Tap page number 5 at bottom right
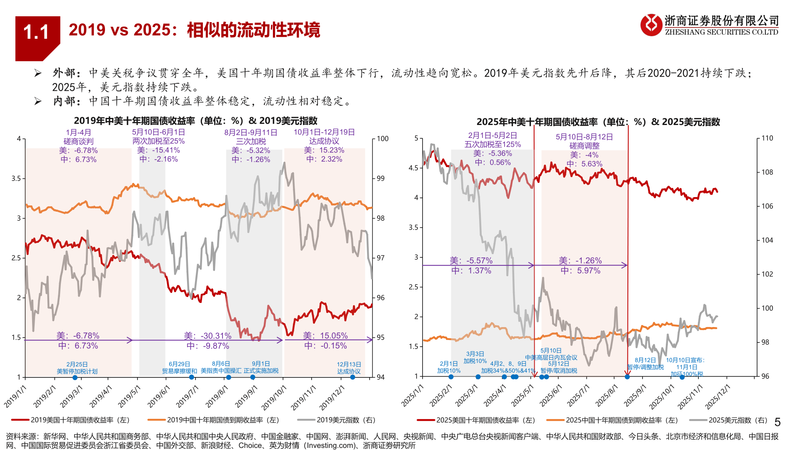(777, 422)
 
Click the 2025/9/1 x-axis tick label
(635, 396)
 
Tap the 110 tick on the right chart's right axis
(767, 138)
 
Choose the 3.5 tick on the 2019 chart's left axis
(16, 178)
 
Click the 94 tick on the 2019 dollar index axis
(380, 377)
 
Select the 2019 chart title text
(195, 121)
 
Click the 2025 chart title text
(598, 122)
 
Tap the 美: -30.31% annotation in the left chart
(207, 336)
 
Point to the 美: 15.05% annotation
(325, 336)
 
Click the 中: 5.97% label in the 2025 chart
(580, 271)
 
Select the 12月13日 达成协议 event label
(349, 368)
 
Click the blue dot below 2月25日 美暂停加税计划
(75, 377)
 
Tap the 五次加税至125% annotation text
(492, 145)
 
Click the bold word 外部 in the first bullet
(64, 73)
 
